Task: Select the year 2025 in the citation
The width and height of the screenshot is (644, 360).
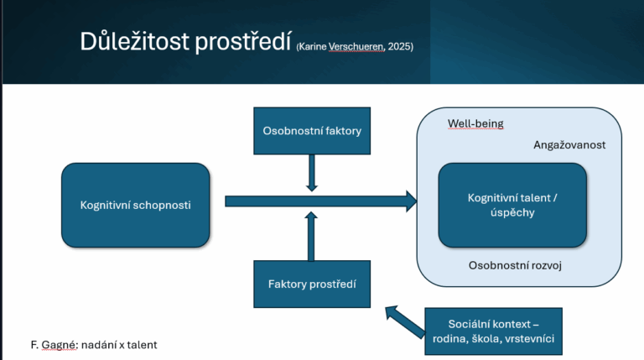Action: click(x=399, y=46)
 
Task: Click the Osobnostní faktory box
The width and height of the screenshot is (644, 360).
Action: click(x=312, y=130)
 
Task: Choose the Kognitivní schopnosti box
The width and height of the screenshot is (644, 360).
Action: click(x=135, y=205)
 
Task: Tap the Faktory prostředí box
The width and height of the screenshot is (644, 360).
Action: click(x=312, y=284)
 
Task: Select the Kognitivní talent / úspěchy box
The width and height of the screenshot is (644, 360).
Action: click(x=512, y=206)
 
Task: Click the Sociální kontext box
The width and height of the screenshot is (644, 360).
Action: click(x=494, y=331)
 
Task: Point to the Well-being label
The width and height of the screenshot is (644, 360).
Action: click(x=475, y=123)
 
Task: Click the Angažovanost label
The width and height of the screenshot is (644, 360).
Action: click(x=569, y=144)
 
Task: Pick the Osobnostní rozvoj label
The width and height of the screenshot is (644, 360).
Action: click(x=514, y=266)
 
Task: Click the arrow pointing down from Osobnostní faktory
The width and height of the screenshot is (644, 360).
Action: click(x=312, y=175)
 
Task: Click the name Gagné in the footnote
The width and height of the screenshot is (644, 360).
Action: click(x=60, y=345)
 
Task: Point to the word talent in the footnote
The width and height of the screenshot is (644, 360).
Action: click(x=140, y=345)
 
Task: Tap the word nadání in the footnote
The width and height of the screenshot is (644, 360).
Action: click(x=100, y=345)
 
